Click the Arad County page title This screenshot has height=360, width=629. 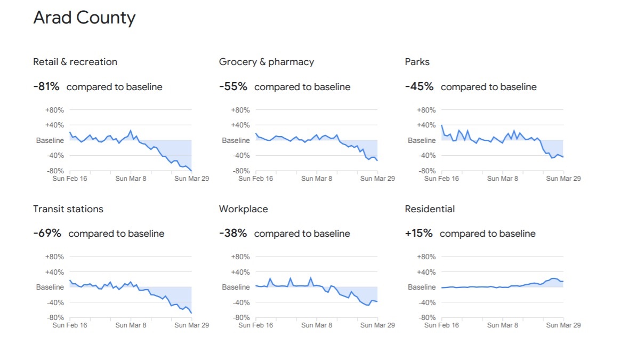coord(84,18)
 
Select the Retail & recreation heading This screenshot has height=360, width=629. coord(75,62)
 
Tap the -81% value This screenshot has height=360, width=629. coord(46,86)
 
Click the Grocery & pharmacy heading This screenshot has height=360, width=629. coord(267,62)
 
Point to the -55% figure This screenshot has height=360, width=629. coord(233,86)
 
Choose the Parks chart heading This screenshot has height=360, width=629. coord(417,62)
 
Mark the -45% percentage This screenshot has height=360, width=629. coord(419,86)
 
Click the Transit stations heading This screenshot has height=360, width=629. coord(68,209)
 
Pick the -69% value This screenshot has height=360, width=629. coord(47,234)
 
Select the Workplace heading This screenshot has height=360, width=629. coord(244,209)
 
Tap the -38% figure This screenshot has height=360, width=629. coord(233,234)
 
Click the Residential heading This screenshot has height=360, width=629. coord(430,209)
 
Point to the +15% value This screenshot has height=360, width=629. coord(418,234)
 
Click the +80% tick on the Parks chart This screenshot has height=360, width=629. coord(426,110)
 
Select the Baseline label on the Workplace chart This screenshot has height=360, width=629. coord(236,287)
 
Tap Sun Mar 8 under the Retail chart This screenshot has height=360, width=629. coord(131,179)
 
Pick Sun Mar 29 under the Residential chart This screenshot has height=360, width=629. coord(563,325)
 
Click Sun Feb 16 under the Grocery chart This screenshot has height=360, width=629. coord(255,179)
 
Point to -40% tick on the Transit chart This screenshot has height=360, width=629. coord(54,302)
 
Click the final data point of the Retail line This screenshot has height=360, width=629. coord(191,171)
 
